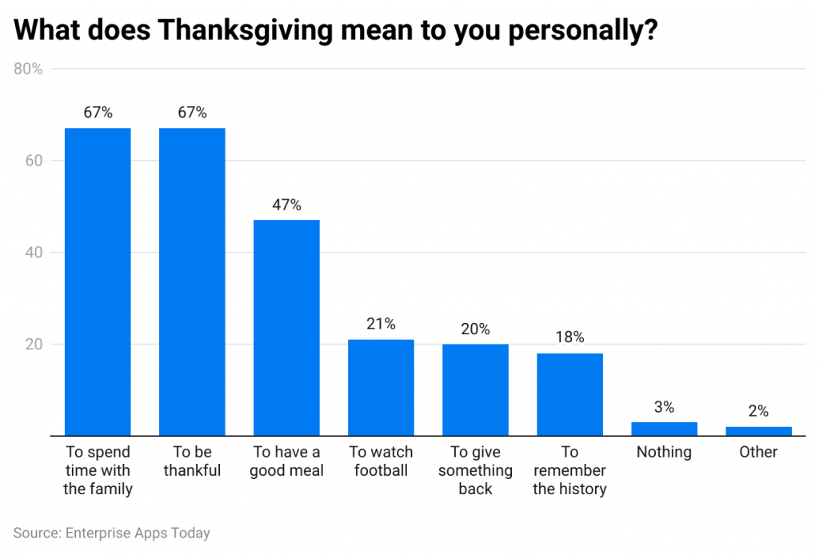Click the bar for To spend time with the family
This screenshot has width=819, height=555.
[x=98, y=281]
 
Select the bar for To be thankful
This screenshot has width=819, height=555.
[x=192, y=281]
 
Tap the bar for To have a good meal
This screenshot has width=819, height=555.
[x=286, y=328]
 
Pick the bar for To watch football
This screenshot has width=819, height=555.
[x=381, y=388]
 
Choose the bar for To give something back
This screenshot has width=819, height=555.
[x=475, y=390]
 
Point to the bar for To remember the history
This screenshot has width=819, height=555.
[x=569, y=394]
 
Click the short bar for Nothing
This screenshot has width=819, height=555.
[x=664, y=429]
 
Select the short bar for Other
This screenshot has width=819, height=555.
[x=758, y=431]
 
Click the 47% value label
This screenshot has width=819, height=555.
[x=286, y=205]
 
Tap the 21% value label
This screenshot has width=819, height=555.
[x=381, y=324]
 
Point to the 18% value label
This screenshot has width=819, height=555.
[x=569, y=337]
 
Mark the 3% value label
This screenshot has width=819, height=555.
[x=664, y=406]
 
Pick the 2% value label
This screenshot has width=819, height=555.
[x=758, y=411]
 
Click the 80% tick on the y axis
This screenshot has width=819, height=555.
[x=29, y=69]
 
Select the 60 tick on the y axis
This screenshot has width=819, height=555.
[x=34, y=161]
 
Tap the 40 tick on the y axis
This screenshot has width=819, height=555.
[x=34, y=253]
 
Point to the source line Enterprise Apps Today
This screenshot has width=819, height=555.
[x=112, y=533]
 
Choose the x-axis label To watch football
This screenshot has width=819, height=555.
[x=381, y=461]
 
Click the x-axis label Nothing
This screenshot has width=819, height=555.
[x=664, y=452]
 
